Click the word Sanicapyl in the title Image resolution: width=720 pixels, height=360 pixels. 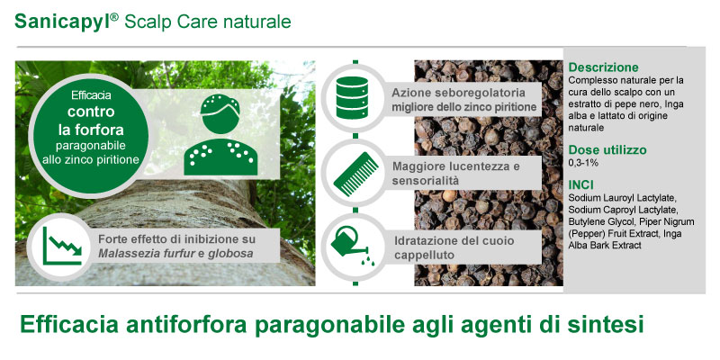(x=62, y=22)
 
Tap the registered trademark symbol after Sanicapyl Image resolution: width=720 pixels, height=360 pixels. (x=115, y=16)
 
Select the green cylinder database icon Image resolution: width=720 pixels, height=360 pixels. (x=352, y=98)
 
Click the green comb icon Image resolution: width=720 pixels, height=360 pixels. (x=355, y=174)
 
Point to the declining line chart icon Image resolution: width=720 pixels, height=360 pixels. (x=62, y=246)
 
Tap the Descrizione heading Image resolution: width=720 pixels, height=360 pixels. (x=603, y=67)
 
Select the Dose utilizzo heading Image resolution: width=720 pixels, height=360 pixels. (x=607, y=150)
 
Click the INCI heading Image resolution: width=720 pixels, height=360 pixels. (x=580, y=185)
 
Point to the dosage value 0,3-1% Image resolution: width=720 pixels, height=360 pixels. (x=583, y=163)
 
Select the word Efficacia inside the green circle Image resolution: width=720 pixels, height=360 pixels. (x=91, y=95)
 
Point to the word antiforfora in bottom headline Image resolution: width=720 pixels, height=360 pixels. (x=187, y=324)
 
